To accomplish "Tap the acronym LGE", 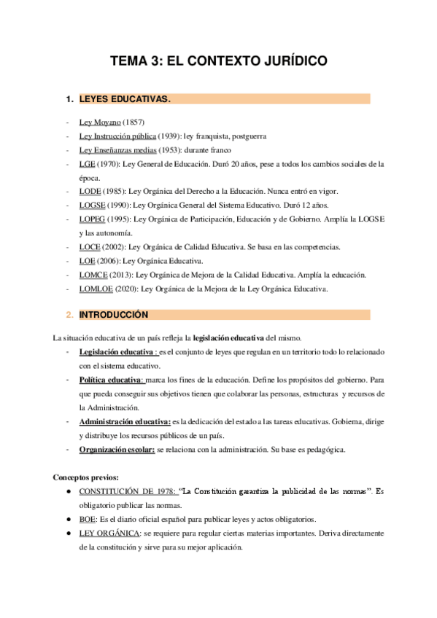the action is pyautogui.click(x=88, y=164).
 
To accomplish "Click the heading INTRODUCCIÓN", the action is pyautogui.click(x=114, y=315).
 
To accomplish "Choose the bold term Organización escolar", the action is pyautogui.click(x=117, y=450).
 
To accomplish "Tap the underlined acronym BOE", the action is pyautogui.click(x=88, y=520).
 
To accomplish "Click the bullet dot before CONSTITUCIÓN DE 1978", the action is pyautogui.click(x=68, y=492).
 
